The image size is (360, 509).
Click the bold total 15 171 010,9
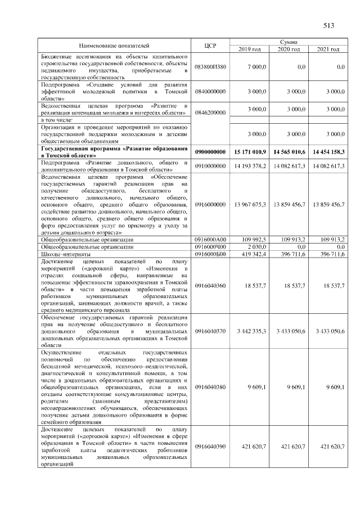point(250,152)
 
